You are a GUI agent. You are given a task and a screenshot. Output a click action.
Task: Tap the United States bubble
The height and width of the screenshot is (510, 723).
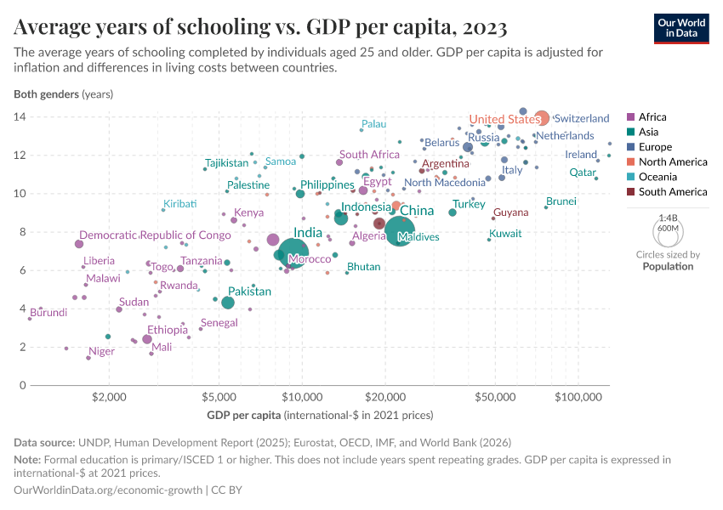(x=541, y=118)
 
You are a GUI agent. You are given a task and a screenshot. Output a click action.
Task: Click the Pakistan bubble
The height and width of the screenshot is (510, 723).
(x=228, y=303)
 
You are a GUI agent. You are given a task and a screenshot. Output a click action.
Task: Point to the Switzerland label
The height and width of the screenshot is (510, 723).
(x=582, y=118)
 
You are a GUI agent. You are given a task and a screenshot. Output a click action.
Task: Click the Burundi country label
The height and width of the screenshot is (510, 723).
(x=48, y=313)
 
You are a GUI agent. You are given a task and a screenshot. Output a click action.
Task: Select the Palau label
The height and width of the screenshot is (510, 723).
(x=373, y=124)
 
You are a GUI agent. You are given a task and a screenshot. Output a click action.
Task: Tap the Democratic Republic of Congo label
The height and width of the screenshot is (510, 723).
(x=155, y=235)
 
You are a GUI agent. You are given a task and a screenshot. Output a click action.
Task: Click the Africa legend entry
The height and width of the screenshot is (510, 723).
(x=652, y=117)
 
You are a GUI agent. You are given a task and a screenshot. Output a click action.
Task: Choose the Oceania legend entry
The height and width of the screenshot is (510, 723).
(x=658, y=177)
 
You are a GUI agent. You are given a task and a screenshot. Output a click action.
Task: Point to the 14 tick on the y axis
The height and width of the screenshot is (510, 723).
(x=19, y=116)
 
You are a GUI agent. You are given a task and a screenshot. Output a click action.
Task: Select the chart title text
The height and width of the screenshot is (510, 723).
(x=261, y=27)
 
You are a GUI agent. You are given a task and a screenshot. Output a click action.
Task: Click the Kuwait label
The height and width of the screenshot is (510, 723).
(x=505, y=233)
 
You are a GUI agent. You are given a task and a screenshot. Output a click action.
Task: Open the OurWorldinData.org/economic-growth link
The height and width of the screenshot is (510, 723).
(x=108, y=490)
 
